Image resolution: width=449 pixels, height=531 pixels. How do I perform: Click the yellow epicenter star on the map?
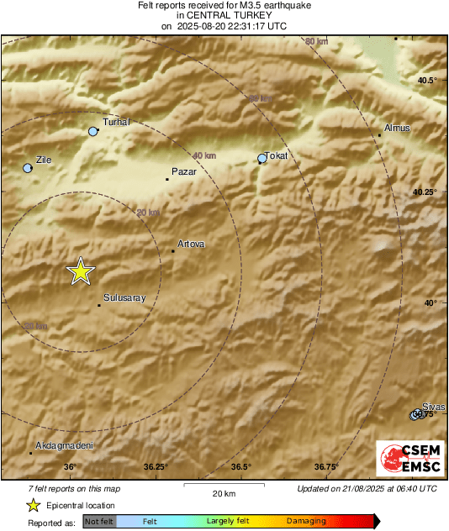[x=80, y=271]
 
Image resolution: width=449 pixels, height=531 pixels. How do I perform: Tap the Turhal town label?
[x=115, y=123]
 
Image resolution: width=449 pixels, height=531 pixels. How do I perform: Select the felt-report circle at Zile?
[x=28, y=168]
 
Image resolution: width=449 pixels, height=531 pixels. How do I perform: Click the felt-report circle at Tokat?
[x=262, y=158]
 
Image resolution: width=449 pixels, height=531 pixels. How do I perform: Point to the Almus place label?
[x=396, y=128]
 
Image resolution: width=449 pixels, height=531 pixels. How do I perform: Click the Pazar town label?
[x=183, y=171]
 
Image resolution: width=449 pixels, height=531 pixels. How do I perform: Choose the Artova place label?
[x=191, y=244]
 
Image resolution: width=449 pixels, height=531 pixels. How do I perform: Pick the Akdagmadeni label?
[x=65, y=445]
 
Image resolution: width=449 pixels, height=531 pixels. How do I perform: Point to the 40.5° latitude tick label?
[x=429, y=81]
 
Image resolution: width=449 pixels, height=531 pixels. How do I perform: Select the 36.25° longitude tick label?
[x=156, y=467]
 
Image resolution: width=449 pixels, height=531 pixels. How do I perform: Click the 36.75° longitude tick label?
[x=326, y=467]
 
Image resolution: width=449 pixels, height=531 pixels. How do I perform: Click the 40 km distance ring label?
[x=203, y=156]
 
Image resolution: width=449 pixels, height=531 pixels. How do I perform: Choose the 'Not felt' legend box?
[x=100, y=522]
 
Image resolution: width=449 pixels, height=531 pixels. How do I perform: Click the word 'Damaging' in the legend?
[x=306, y=522]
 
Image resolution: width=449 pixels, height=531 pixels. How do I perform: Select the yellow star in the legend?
[x=33, y=506]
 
